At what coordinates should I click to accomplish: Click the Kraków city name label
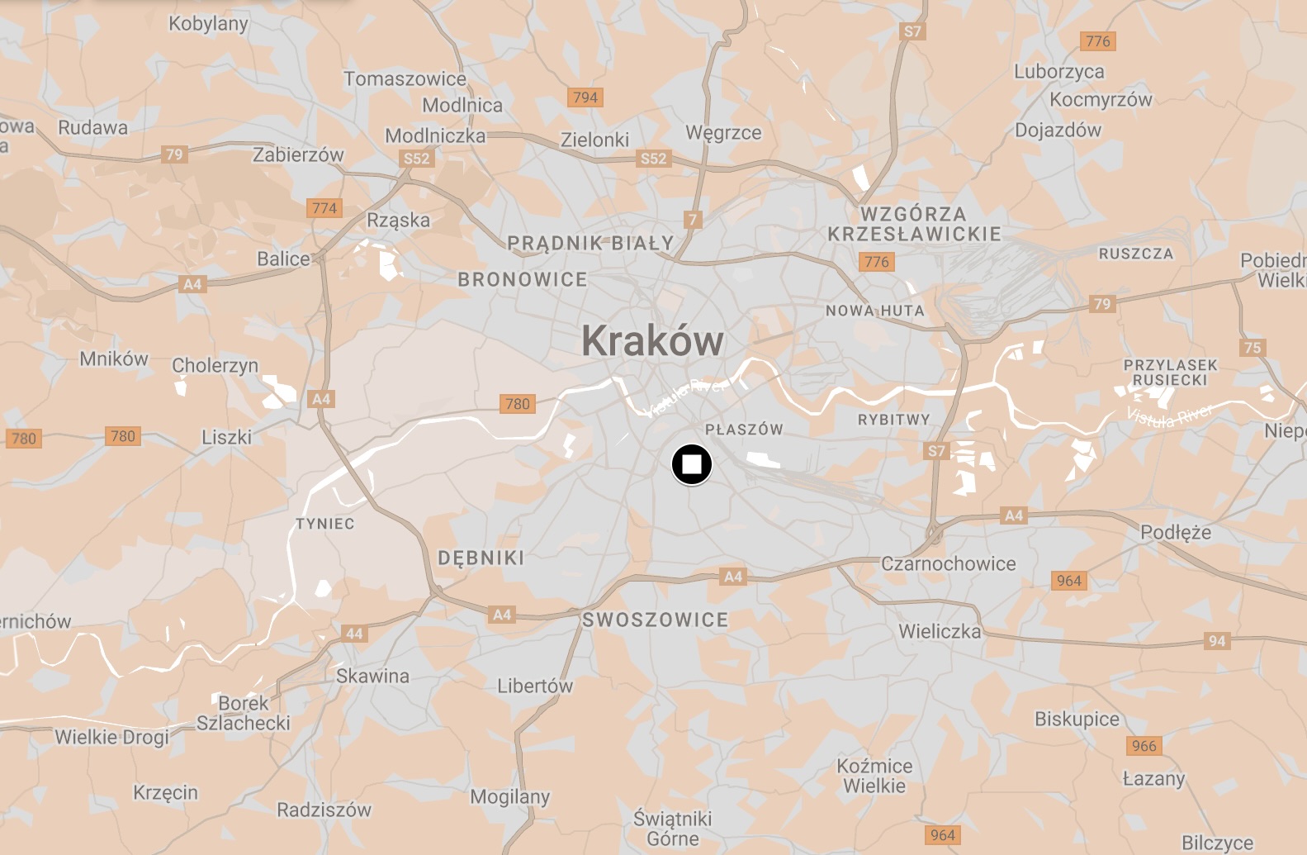pos(652,340)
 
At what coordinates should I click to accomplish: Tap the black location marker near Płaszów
pos(692,464)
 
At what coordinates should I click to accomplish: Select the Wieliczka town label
pos(940,631)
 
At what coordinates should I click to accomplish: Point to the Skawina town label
pos(372,676)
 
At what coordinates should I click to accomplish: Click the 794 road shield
pos(585,97)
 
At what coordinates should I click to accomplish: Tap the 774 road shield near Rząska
pos(324,208)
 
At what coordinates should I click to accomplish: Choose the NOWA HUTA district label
pos(875,311)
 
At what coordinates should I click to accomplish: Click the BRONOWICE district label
pos(523,280)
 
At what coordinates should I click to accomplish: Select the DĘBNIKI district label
pos(481,558)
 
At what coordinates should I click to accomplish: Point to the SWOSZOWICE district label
pos(656,620)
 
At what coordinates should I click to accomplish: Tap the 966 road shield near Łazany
pos(1144,746)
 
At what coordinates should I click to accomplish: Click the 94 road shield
pos(1217,641)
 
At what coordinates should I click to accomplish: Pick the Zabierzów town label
pos(298,154)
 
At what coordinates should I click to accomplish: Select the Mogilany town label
pos(510,796)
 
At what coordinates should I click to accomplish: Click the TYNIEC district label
pos(325,524)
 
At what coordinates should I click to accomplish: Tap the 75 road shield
pos(1253,348)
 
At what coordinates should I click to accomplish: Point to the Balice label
pos(283,259)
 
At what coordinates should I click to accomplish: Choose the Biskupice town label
pos(1077,719)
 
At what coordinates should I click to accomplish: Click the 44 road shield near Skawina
pos(354,634)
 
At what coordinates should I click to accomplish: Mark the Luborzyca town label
pos(1059,72)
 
